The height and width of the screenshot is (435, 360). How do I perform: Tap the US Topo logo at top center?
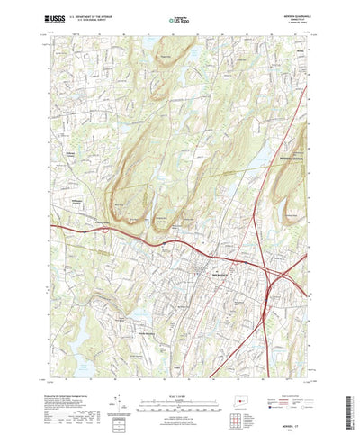tap(180, 16)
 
